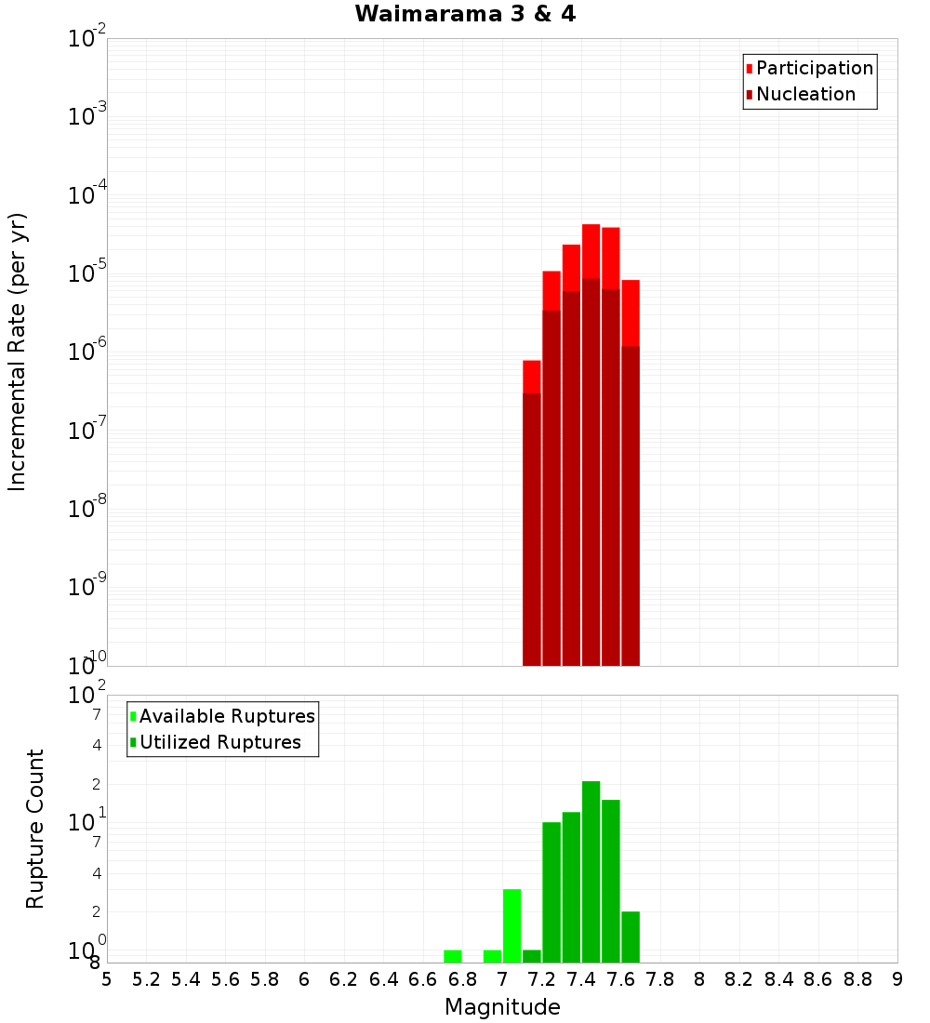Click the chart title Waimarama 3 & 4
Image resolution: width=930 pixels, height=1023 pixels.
tap(465, 15)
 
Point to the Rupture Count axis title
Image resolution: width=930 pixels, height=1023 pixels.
tap(35, 828)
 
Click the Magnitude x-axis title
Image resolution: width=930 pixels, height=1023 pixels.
tap(502, 1007)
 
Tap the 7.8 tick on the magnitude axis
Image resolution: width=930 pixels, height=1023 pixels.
tap(660, 979)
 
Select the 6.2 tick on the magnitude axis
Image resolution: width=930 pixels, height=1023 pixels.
tap(344, 979)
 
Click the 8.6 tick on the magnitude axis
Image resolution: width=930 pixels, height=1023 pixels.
tap(818, 979)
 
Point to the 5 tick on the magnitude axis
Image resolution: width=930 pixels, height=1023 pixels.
tap(107, 979)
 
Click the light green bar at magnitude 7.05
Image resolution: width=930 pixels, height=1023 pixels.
tap(511, 925)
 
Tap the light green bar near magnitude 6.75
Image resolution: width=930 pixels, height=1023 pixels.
tap(453, 956)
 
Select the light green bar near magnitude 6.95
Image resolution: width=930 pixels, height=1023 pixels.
tap(492, 956)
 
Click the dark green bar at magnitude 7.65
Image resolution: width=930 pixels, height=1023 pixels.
tap(631, 937)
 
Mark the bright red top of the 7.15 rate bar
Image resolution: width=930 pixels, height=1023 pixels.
tap(532, 377)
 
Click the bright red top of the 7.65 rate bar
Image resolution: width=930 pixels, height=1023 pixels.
tap(631, 312)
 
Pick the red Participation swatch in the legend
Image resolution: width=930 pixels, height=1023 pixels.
tap(749, 69)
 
